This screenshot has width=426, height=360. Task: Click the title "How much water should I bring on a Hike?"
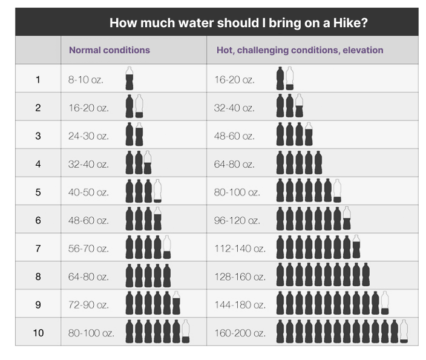point(238,23)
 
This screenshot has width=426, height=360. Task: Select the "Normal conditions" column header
point(109,50)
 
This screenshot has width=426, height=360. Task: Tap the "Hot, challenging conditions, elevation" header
point(300,50)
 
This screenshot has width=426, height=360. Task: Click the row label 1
point(38,80)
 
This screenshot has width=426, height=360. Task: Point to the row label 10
point(38,333)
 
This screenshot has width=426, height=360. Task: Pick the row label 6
point(38,220)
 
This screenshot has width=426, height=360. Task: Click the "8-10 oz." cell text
point(86,80)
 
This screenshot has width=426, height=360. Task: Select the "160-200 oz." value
point(240,333)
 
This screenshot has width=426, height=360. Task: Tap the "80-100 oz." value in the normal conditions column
point(91,333)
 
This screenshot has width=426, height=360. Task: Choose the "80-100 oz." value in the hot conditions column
point(237,192)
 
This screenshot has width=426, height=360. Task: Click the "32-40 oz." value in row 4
point(88,164)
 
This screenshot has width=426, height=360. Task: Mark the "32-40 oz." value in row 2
point(234,108)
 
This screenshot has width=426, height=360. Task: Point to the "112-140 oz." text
point(240,249)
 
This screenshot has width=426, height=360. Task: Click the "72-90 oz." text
point(88,305)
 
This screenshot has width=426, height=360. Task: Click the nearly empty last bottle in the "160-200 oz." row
point(404,332)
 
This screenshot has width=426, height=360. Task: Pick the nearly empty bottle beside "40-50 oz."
point(158,191)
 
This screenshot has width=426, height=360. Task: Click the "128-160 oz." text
point(240,277)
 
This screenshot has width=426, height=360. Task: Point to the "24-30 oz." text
point(88,136)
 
